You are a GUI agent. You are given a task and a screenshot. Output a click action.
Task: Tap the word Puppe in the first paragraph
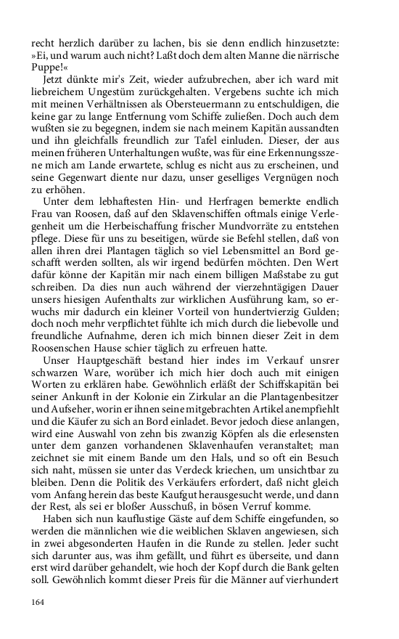pyautogui.click(x=48, y=63)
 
